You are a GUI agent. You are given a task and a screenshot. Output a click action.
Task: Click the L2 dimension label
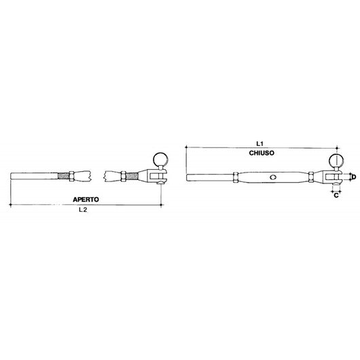(83, 211)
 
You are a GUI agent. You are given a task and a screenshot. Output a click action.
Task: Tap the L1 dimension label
(260, 144)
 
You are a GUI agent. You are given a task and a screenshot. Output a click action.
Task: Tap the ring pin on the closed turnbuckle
(336, 160)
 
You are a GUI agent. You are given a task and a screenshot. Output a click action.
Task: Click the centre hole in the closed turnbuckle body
(273, 178)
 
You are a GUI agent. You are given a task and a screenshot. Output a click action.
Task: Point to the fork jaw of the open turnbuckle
(156, 178)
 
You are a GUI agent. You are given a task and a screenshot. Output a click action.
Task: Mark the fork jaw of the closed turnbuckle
(333, 178)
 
